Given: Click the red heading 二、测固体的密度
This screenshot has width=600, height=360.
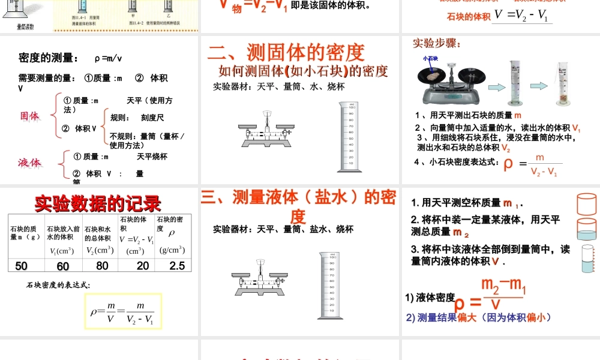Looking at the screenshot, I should pos(286,52).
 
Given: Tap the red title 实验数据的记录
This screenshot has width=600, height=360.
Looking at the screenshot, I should pos(98,203).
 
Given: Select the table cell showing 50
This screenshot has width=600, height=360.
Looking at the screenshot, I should pos(21,266).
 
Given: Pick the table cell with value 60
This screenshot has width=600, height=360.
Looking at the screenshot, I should pos(63,266).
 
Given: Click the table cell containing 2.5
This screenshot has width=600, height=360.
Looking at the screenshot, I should pos(177,265).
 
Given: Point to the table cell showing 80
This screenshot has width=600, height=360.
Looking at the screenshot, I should pos(102,265).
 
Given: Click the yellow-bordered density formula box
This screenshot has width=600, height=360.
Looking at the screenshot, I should pos(123,311).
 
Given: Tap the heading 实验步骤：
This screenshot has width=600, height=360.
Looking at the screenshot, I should pos(437,44).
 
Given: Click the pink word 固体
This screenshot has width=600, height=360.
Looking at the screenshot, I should pos(29,116).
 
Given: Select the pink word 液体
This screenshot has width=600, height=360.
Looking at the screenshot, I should pos(29,163).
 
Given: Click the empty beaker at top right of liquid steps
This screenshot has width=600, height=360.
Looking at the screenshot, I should pos(587,204).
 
